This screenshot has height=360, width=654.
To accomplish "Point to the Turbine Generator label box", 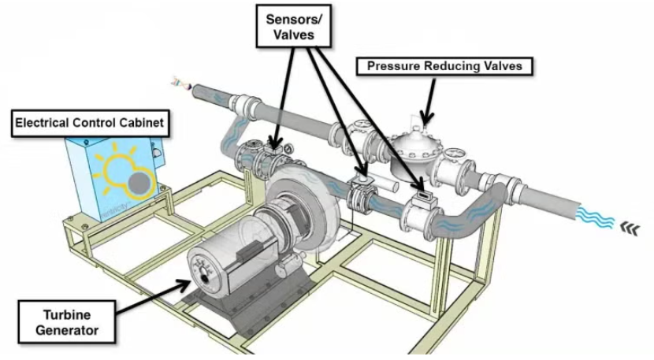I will pyautogui.click(x=67, y=318).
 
